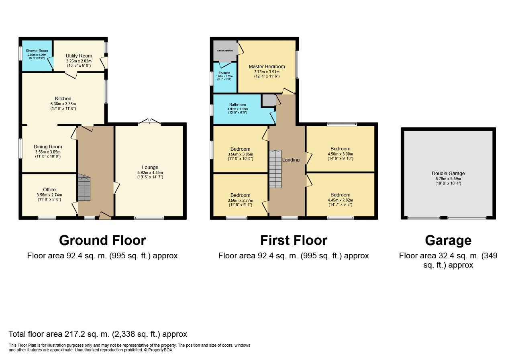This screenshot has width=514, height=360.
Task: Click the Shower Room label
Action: pos(37,51)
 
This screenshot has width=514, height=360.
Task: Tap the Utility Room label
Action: pos(79,56)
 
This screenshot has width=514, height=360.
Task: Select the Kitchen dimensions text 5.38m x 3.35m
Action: pos(63,103)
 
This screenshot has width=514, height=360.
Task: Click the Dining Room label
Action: pos(48,147)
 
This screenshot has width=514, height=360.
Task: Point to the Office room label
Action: pos(49,190)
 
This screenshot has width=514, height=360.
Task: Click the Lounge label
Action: pos(150,168)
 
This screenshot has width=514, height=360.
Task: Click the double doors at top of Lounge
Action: pos(149,121)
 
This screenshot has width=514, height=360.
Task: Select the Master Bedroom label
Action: pos(267,67)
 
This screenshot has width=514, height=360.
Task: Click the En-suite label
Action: pos(224,73)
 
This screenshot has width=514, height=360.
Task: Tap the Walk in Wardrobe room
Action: pos(225,51)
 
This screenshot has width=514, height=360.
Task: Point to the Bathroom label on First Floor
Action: pos(238,105)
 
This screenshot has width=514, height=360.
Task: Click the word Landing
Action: pos(291,160)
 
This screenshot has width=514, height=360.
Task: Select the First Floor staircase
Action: pos(275,169)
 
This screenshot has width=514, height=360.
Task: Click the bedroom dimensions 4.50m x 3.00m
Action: pos(341,154)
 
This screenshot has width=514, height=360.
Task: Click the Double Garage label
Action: pos(448,174)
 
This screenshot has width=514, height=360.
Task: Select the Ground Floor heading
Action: pos(102,240)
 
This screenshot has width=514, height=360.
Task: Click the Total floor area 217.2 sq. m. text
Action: pos(98,334)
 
